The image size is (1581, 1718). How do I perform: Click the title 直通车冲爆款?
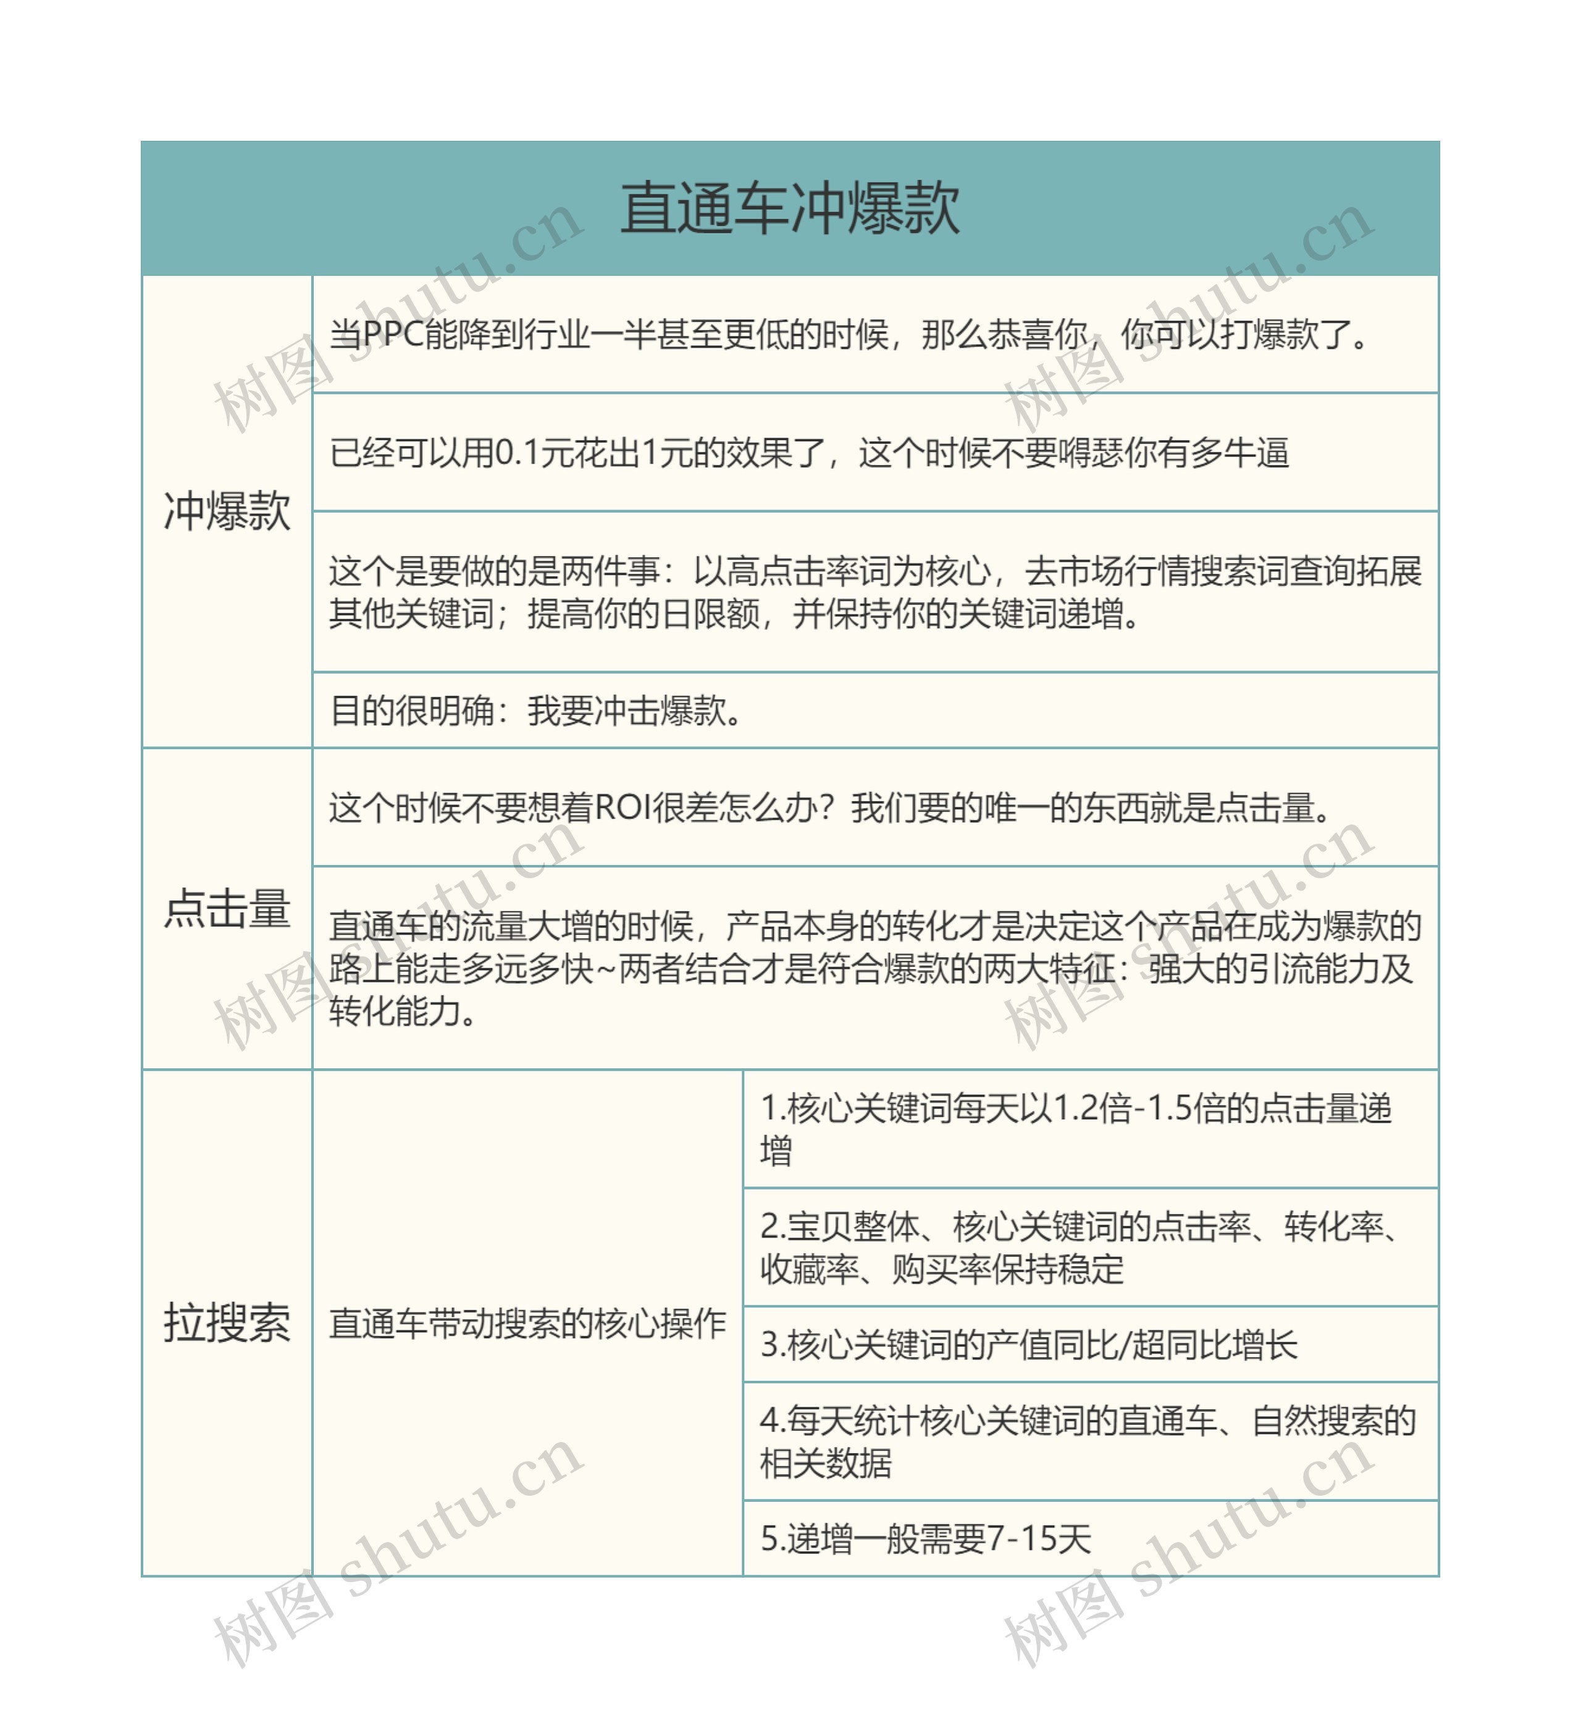(790, 209)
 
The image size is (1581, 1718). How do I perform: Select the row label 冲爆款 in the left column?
(227, 512)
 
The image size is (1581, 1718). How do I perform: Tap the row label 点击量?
(227, 908)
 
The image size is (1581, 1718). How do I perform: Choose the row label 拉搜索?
(227, 1323)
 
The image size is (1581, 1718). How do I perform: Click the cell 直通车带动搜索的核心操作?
(527, 1323)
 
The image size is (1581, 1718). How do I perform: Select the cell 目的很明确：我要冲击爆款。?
(537, 710)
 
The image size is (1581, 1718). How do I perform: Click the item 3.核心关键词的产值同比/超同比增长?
(1028, 1344)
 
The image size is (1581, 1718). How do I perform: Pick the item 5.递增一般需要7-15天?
(926, 1538)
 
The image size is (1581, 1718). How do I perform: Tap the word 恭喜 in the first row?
(1021, 335)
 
